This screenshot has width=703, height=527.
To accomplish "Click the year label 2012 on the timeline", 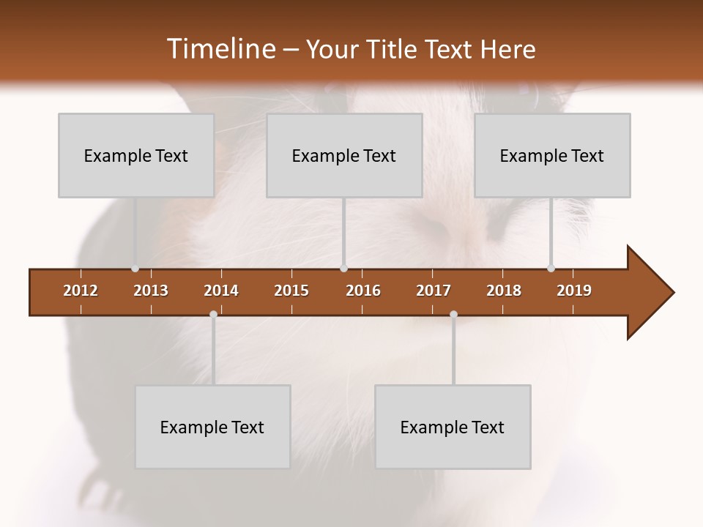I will (x=81, y=291).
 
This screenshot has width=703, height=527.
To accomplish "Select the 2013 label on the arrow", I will (x=151, y=291).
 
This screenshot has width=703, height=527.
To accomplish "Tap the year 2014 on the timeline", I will (x=221, y=291).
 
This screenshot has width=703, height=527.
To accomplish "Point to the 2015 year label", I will (x=291, y=291).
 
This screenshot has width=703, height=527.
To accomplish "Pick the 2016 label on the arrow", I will (x=363, y=291).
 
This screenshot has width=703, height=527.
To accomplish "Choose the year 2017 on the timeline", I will (x=434, y=291).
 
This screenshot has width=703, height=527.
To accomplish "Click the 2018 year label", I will (x=504, y=291).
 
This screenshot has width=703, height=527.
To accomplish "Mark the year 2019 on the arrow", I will (x=574, y=291).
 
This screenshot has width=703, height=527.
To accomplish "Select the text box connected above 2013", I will (x=136, y=155).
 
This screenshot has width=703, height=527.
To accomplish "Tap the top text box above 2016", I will (x=344, y=155).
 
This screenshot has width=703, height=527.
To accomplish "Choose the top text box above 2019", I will (x=552, y=155).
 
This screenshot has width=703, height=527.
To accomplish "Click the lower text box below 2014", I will (x=212, y=427).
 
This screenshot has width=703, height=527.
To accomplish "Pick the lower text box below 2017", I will (x=453, y=427).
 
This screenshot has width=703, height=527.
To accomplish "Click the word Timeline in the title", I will (x=220, y=49).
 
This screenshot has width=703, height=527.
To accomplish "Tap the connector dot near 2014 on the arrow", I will (x=213, y=314).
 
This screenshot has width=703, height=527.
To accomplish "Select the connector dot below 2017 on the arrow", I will (x=453, y=314).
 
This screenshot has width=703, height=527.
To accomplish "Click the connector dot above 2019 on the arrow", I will (x=551, y=268).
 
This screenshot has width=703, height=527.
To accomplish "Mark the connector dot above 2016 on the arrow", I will (x=343, y=268).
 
